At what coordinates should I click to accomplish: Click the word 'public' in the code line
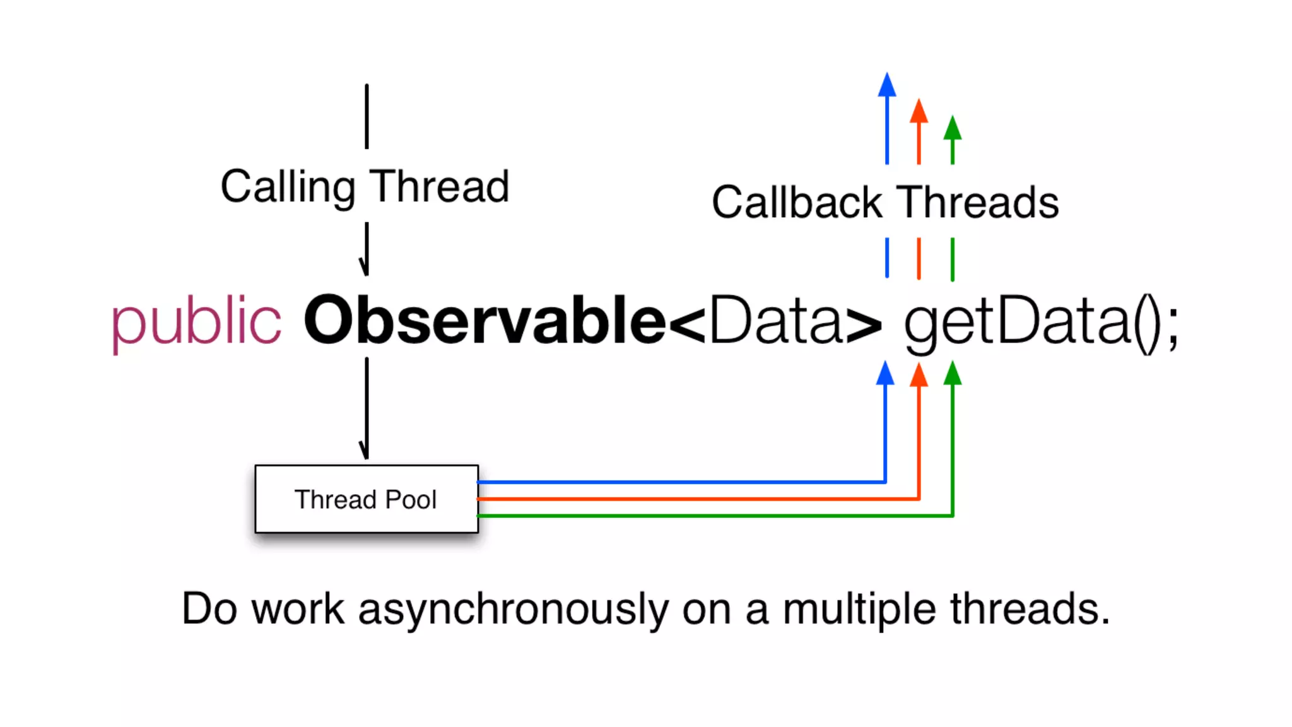(x=196, y=322)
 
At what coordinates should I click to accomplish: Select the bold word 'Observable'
(x=484, y=321)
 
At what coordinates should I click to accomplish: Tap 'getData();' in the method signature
(x=1041, y=322)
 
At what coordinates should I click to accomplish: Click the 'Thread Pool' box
(x=367, y=499)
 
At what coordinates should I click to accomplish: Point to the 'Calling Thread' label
(x=365, y=187)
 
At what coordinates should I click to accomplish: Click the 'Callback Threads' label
(x=885, y=203)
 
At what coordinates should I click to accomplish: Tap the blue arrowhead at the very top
(x=887, y=85)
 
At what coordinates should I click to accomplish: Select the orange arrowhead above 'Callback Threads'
(x=919, y=111)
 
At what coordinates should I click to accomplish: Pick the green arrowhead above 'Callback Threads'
(x=953, y=128)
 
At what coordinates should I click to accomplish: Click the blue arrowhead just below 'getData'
(x=886, y=373)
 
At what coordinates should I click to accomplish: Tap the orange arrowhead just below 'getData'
(x=919, y=375)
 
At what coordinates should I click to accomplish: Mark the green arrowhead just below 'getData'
(x=953, y=373)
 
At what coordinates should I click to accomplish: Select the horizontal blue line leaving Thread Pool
(x=681, y=482)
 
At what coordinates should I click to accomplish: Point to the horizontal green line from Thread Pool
(x=713, y=516)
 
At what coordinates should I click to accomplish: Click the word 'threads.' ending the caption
(x=1030, y=610)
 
